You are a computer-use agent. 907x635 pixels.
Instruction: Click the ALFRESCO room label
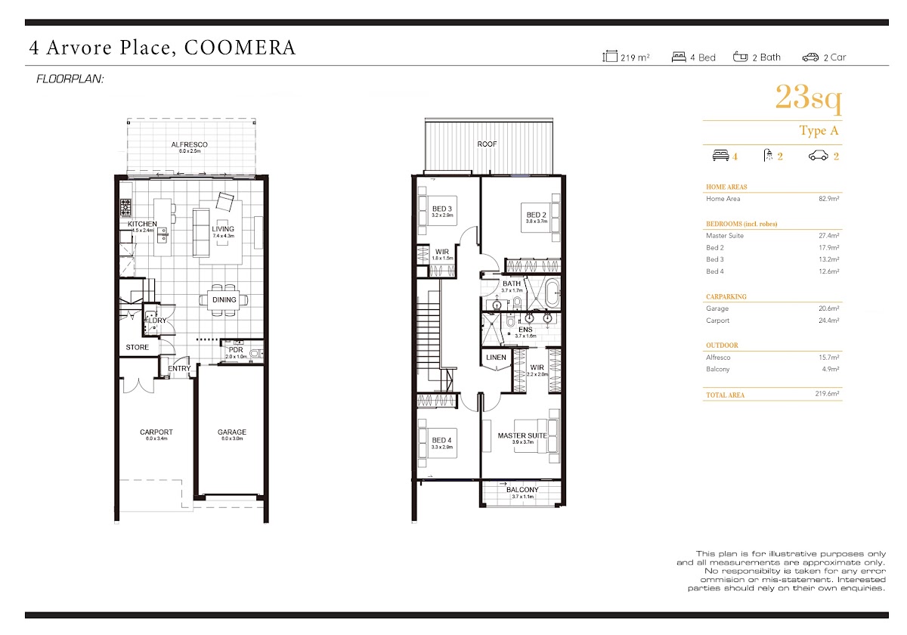[189, 144]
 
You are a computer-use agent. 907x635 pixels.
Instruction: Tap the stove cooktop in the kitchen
[125, 207]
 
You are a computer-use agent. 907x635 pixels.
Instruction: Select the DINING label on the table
[224, 299]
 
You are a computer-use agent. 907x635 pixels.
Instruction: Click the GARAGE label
[231, 432]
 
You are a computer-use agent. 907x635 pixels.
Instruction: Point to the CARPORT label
[156, 432]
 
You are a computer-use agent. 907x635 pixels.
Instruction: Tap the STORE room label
[138, 347]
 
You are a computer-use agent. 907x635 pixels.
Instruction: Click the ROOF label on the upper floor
[487, 144]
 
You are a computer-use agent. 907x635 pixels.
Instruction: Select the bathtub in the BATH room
[552, 293]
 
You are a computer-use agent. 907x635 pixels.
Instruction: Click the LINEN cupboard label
[496, 357]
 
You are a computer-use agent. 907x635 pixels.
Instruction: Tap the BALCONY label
[522, 490]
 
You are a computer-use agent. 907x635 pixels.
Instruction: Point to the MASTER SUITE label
[522, 435]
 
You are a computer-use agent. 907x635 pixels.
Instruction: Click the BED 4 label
[441, 440]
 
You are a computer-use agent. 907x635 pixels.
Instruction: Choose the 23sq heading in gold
[808, 98]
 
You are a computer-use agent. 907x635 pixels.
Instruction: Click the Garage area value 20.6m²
[829, 308]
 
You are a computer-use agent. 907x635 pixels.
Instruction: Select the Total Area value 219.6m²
[827, 394]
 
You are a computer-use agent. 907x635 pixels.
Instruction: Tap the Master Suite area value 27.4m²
[829, 235]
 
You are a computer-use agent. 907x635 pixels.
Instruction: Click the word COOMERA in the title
[240, 48]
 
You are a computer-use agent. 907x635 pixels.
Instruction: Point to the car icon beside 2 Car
[810, 57]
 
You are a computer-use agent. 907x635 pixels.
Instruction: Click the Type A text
[819, 130]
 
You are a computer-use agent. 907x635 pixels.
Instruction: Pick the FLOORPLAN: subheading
[70, 79]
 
